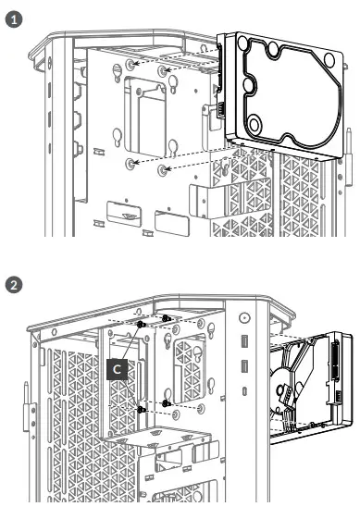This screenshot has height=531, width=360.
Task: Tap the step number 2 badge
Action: [x=13, y=284]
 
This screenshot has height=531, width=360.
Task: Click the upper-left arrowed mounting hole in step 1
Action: [x=131, y=65]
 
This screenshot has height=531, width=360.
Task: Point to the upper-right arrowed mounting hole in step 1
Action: [x=163, y=71]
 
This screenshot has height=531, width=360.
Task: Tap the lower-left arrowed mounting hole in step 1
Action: [x=131, y=163]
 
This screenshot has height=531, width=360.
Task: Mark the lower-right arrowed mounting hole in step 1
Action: [x=163, y=170]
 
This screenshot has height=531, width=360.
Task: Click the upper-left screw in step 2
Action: [x=140, y=326]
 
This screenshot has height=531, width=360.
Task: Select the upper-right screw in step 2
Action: [x=167, y=319]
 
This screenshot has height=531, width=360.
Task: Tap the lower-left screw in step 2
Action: [x=140, y=409]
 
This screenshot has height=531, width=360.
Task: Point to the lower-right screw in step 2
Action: [x=167, y=403]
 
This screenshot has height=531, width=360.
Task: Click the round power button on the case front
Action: [x=244, y=317]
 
